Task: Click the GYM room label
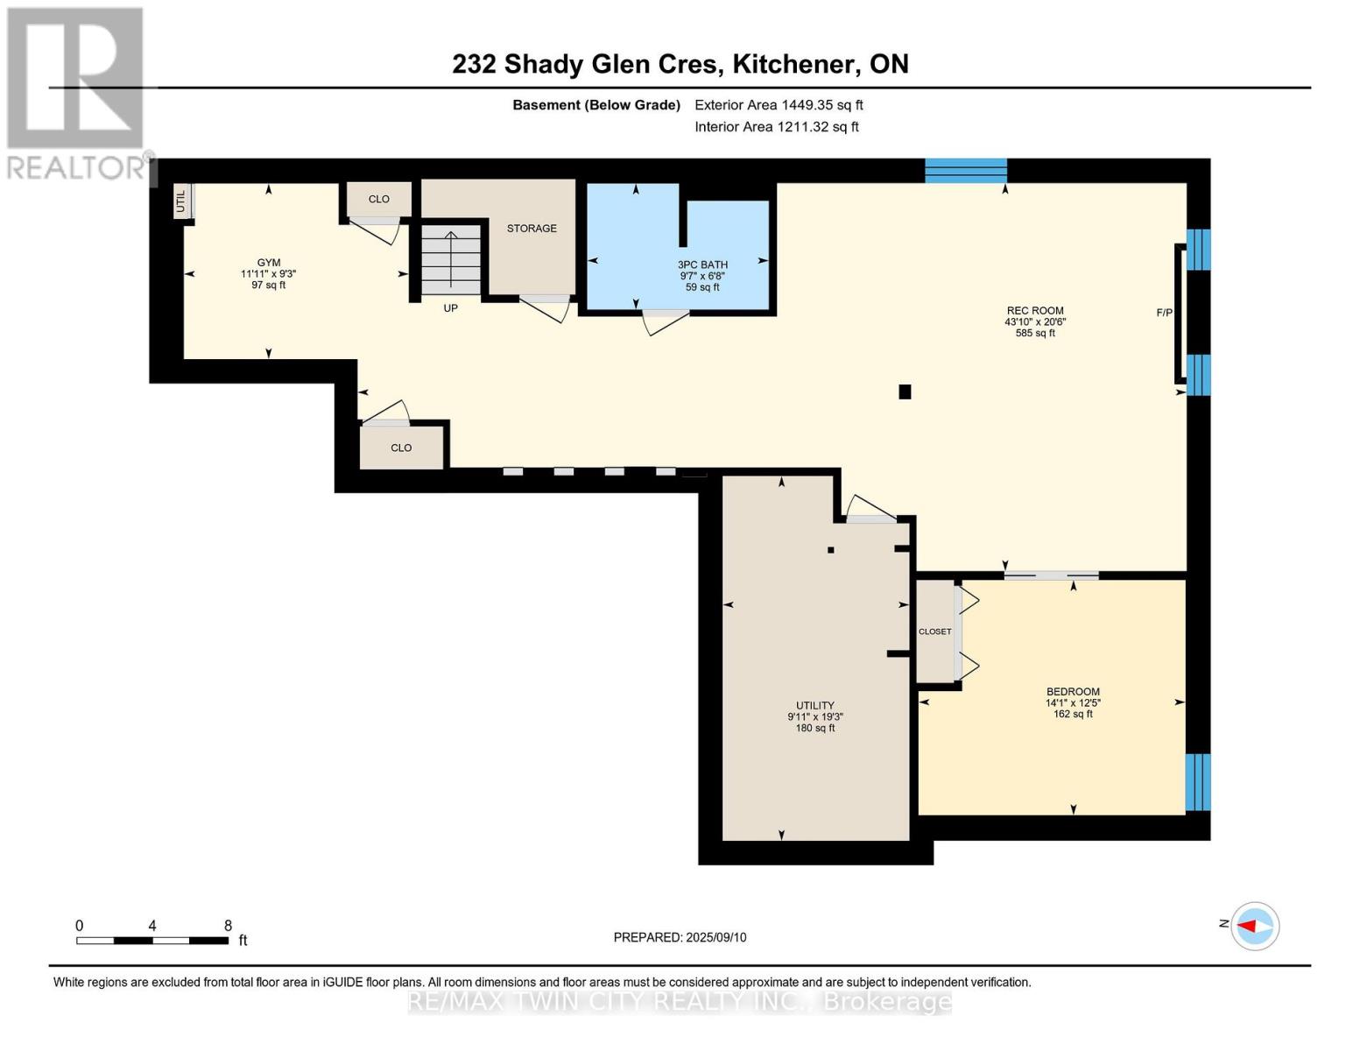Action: point(268,262)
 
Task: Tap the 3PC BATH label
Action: point(702,265)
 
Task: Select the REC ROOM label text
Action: point(1035,310)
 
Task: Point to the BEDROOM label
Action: point(1073,692)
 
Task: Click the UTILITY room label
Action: point(815,705)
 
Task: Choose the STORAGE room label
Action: point(532,229)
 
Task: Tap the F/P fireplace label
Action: point(1164,313)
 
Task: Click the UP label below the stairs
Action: point(451,308)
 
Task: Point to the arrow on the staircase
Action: point(451,260)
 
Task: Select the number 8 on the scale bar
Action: point(228,926)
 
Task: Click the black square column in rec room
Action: point(905,391)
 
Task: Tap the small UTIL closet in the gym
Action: point(181,201)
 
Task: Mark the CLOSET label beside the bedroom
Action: point(934,631)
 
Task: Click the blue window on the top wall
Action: point(966,171)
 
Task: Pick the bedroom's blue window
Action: point(1198,782)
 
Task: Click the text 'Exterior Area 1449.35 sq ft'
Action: point(779,105)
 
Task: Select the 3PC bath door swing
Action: point(666,321)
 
